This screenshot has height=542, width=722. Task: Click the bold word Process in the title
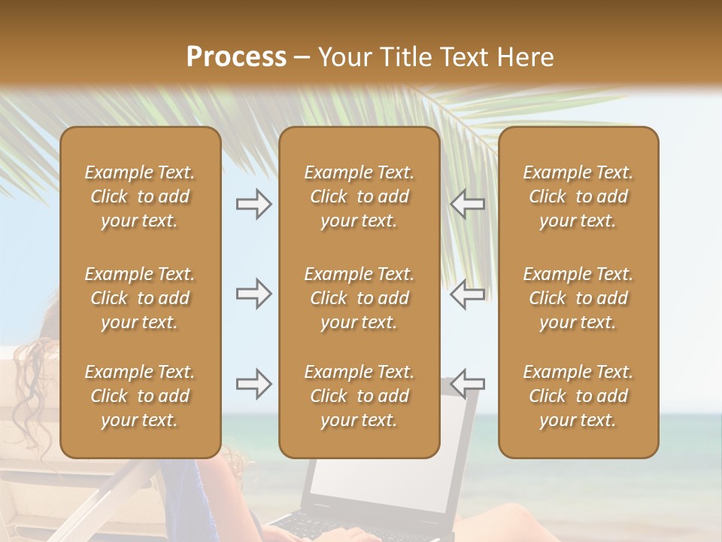point(236,57)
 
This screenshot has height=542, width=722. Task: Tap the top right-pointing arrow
point(253,204)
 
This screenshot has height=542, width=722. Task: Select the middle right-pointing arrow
point(253,294)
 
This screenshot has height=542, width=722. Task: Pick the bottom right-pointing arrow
point(253,384)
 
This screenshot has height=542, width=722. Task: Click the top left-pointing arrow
point(468,204)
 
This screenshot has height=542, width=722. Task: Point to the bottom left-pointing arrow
point(468,384)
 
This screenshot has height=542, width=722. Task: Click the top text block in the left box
point(140,196)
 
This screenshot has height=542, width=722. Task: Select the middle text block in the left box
point(140,298)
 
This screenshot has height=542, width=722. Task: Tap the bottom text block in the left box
point(140,396)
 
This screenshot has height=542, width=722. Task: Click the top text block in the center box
point(359,196)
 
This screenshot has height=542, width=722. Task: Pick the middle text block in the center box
point(359,298)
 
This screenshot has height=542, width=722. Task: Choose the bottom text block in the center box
point(359,396)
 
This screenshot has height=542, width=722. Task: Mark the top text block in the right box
point(578,196)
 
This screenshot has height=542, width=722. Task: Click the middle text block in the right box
point(578,298)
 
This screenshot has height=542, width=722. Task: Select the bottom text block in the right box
point(578,396)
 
